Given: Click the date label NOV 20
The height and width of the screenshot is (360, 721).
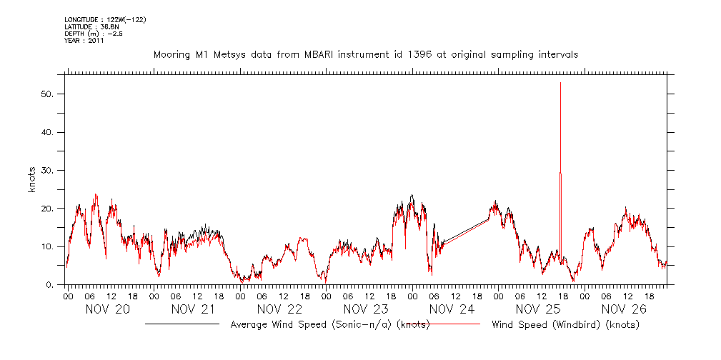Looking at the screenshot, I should pos(108,309).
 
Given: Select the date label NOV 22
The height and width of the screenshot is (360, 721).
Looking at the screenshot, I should pos(279,309).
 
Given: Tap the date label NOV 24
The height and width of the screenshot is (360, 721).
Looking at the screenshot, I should pos(452,309).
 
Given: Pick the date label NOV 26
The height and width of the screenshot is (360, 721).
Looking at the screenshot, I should pos(624,309).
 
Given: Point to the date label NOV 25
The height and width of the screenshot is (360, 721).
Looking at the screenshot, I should pos(537,309).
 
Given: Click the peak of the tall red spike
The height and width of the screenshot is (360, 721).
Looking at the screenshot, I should pos(560,83).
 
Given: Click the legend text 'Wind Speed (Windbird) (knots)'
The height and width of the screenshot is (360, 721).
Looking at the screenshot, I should pos(565,325).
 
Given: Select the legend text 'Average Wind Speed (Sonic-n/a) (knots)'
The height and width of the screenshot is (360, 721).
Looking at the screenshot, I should pos(329,325).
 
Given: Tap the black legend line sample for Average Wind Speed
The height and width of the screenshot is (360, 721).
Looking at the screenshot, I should pos(182,324).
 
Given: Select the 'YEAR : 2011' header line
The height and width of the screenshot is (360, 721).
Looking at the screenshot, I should pos(84,41).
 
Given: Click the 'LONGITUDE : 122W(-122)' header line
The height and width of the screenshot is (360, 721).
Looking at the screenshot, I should pos(105,19).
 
